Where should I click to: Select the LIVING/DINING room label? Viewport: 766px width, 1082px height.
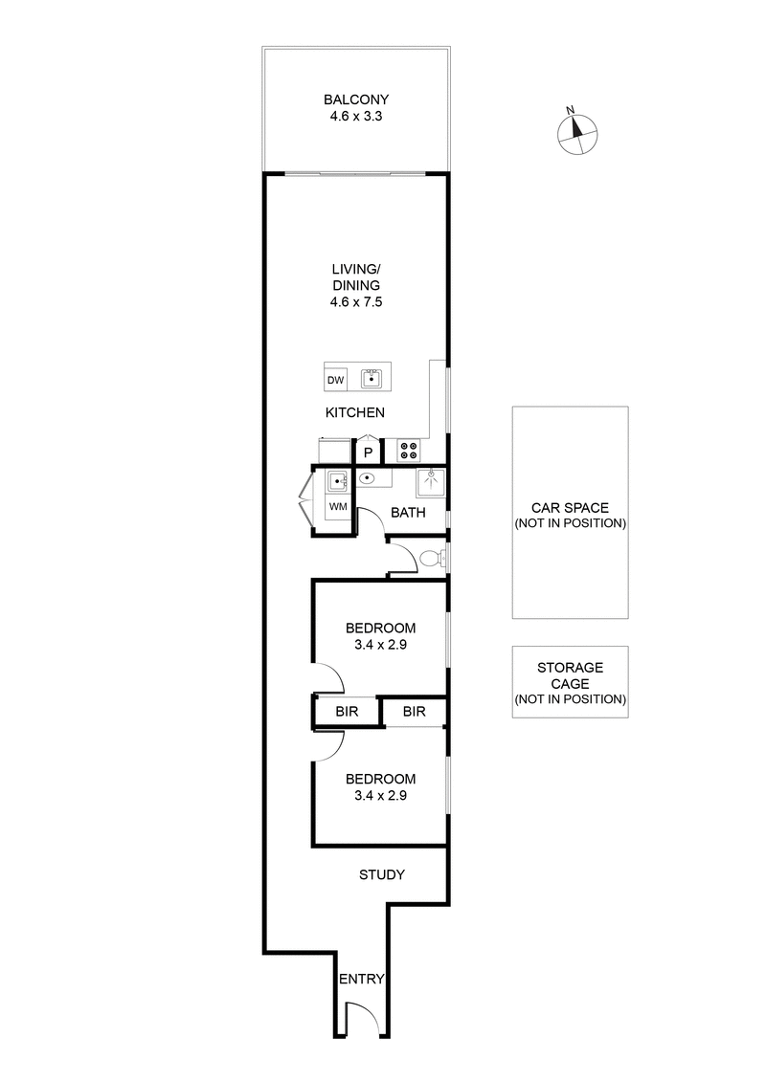[355, 285]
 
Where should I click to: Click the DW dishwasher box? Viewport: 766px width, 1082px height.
[335, 380]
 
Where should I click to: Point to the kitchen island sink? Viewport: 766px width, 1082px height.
[372, 379]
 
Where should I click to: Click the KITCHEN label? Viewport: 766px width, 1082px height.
[355, 413]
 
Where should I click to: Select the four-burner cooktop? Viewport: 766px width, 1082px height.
[407, 449]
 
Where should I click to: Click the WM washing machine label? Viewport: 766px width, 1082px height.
[337, 504]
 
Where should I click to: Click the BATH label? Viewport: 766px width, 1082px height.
[408, 513]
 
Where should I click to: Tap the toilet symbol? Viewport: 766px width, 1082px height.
[431, 558]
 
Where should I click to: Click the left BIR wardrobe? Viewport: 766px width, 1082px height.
[346, 713]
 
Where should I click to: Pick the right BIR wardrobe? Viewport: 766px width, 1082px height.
[415, 713]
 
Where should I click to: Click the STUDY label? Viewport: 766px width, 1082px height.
[382, 874]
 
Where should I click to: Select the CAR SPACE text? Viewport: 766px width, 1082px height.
[570, 516]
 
